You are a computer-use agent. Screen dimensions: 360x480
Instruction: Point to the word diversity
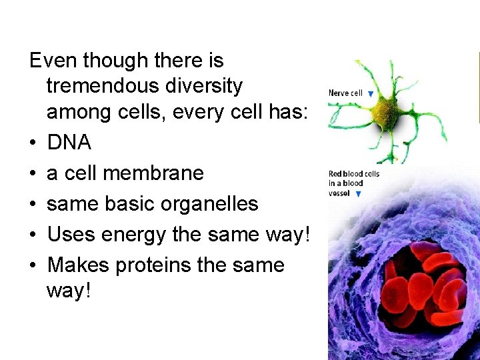210,85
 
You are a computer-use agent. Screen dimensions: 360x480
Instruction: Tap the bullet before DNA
33,143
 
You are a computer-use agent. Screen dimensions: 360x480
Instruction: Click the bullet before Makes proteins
33,265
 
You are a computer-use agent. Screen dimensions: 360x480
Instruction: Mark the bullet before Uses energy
33,234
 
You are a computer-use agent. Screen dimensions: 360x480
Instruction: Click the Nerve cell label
345,93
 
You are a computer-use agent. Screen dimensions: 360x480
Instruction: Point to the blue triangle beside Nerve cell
370,94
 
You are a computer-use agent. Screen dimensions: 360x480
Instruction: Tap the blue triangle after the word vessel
359,195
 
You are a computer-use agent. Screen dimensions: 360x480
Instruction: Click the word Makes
75,265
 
